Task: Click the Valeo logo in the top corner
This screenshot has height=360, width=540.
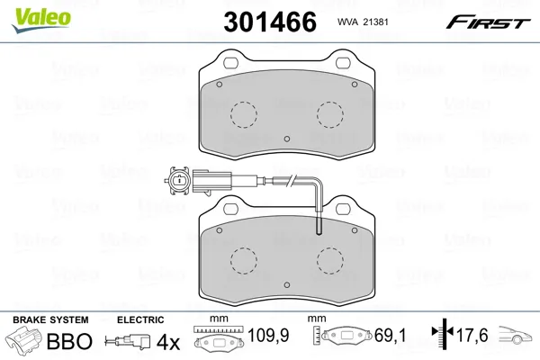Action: tap(41, 20)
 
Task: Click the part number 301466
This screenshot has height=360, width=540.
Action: tap(270, 22)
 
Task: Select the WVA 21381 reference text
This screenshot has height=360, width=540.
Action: tap(363, 22)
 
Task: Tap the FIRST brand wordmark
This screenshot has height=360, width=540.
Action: tap(488, 22)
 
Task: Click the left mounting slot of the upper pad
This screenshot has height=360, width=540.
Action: tap(230, 63)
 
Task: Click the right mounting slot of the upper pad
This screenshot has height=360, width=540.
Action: tap(343, 63)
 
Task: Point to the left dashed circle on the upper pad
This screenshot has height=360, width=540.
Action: tap(244, 114)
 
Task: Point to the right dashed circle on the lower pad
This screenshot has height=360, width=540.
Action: tap(330, 261)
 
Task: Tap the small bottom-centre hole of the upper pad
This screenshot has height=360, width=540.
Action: tap(287, 139)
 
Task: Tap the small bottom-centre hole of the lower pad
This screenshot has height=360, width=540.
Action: tap(287, 285)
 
